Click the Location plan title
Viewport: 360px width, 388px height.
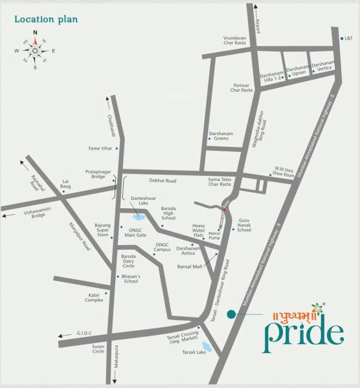pyautogui.click(x=46, y=19)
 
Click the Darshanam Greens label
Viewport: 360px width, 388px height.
pyautogui.click(x=219, y=138)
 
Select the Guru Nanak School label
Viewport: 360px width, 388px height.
pyautogui.click(x=244, y=224)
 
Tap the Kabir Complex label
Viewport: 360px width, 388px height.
pyautogui.click(x=94, y=297)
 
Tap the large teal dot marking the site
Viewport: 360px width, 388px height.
pyautogui.click(x=231, y=315)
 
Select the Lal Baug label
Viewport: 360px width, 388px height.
pyautogui.click(x=65, y=186)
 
